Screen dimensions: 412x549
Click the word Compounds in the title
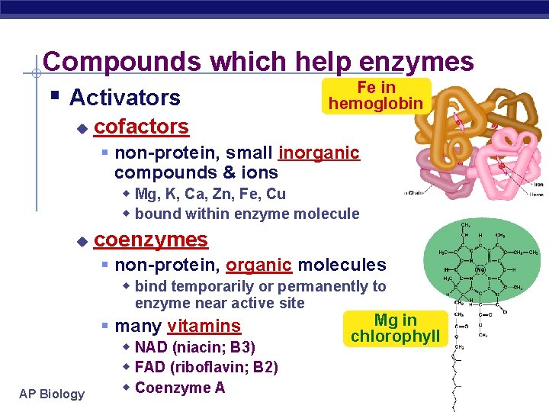click(123, 62)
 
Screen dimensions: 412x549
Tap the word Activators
click(124, 98)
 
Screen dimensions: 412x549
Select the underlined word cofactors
click(141, 126)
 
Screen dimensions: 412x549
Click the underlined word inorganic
click(319, 153)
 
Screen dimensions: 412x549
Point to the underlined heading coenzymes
click(150, 240)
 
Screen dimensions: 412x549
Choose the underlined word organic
click(259, 265)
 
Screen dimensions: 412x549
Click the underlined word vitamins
click(204, 327)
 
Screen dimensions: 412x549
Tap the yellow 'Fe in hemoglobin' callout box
click(376, 96)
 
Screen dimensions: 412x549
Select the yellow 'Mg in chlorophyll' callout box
click(395, 328)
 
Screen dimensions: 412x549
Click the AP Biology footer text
click(52, 394)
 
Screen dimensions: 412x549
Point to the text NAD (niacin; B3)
click(194, 348)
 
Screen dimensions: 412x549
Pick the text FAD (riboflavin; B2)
click(206, 368)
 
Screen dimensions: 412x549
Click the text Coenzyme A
click(179, 388)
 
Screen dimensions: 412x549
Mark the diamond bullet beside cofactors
click(82, 127)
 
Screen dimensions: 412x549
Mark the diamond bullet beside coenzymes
click(82, 242)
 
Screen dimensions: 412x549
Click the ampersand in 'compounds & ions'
click(216, 172)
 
